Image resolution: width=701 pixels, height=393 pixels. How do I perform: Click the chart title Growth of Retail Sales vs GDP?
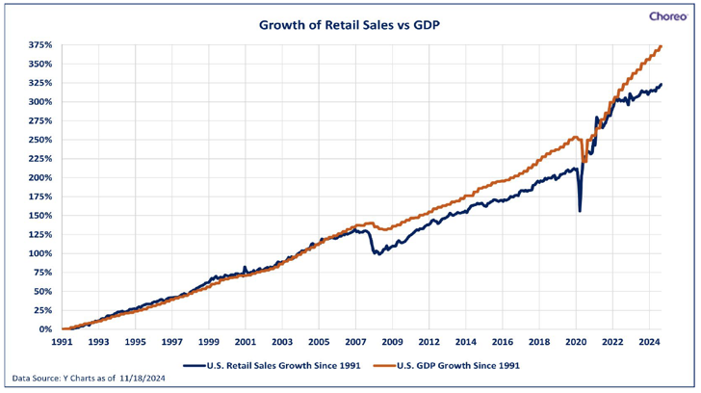pos(350,25)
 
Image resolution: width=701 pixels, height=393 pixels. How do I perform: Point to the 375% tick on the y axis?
pos(39,45)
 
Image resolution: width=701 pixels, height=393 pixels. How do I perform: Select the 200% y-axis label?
pos(39,177)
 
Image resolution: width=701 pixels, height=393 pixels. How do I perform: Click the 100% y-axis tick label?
pos(39,253)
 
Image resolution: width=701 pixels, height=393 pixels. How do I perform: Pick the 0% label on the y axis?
pos(45,329)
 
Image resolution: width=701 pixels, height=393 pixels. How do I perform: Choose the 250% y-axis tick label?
pos(39,140)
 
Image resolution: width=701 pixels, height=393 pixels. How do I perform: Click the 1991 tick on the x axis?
pos(62,342)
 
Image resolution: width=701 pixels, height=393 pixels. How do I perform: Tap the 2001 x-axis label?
pos(245,342)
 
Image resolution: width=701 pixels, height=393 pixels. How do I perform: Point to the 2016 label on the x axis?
pos(503,342)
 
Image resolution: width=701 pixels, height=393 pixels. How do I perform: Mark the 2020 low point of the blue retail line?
pos(580,211)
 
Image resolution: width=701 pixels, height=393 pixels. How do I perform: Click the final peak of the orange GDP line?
pos(661,46)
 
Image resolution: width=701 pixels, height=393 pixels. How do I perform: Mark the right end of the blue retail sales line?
pos(662,85)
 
